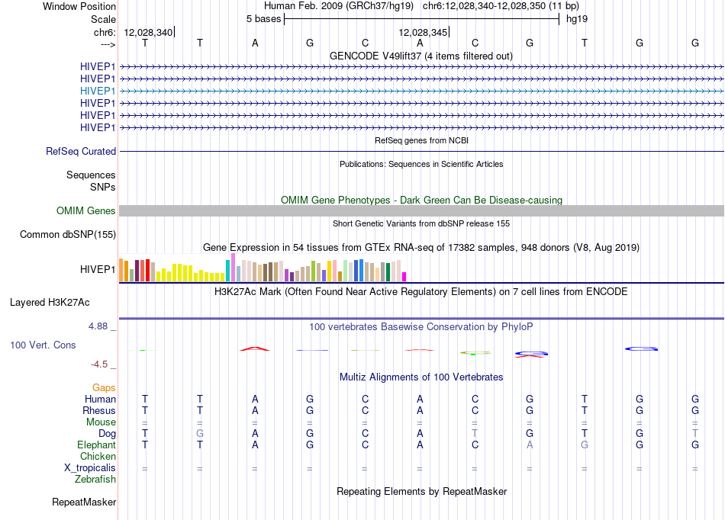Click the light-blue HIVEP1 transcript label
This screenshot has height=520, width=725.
98,91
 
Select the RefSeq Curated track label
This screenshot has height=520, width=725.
81,152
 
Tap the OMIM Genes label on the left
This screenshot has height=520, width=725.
86,211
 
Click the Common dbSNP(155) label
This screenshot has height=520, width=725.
68,235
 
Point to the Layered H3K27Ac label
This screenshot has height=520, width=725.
50,303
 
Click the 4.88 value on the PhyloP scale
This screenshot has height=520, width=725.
98,326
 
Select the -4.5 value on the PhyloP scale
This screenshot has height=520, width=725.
99,364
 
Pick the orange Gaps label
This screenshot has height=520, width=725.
104,388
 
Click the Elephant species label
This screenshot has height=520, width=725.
97,445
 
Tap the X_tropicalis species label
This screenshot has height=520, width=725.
90,468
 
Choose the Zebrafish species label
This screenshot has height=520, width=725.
95,480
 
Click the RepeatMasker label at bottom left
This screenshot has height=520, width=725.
84,502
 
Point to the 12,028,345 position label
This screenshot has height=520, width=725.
423,32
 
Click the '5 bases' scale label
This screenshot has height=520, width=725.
263,19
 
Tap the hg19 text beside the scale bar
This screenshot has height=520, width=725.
577,19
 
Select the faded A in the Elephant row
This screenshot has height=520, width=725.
530,445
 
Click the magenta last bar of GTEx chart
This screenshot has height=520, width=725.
404,277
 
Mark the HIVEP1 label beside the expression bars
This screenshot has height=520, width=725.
98,269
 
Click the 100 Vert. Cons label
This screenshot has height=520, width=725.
43,345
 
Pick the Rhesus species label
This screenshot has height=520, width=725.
99,410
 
